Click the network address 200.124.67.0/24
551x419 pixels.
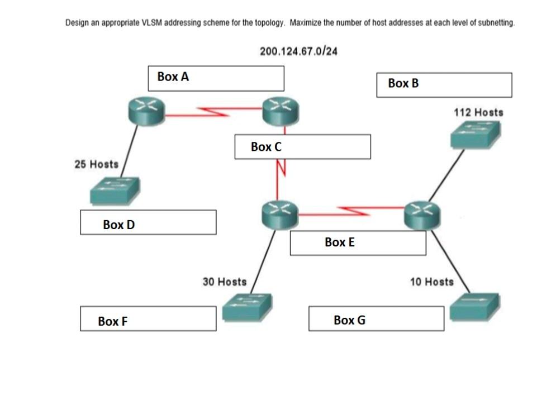tap(298, 51)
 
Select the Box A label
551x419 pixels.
tap(173, 77)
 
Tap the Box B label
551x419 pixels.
tap(403, 84)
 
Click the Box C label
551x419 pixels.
tap(266, 147)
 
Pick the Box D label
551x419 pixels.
tap(118, 225)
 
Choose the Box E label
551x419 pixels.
tap(339, 242)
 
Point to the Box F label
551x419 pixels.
tap(112, 321)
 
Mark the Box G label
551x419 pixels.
tap(349, 320)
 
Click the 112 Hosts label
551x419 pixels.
tap(478, 112)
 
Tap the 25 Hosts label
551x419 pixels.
tap(96, 164)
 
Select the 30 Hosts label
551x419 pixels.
tap(224, 282)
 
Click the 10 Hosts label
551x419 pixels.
tap(431, 282)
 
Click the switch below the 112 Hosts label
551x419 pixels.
tap(476, 135)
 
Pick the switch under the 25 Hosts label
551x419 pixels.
tap(115, 191)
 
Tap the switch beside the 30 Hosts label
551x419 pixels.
tap(246, 307)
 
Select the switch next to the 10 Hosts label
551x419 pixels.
tap(474, 305)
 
